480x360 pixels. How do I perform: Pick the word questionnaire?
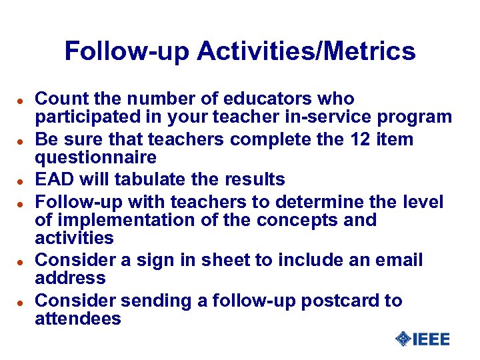tap(95, 158)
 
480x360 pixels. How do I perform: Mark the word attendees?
tap(78, 319)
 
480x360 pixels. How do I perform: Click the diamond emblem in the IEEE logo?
tap(402, 339)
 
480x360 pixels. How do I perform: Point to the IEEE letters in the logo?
tap(431, 339)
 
